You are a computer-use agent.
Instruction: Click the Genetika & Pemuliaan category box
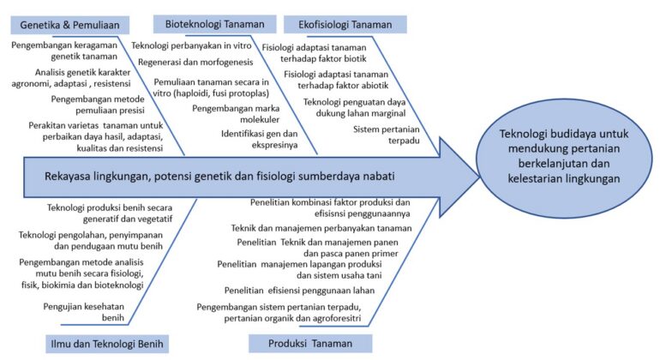pyautogui.click(x=69, y=24)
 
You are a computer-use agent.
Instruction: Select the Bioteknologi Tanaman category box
pyautogui.click(x=215, y=23)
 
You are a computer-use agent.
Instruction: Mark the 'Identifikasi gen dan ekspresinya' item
pyautogui.click(x=261, y=140)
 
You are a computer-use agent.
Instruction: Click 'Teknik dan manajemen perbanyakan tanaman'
pyautogui.click(x=321, y=228)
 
